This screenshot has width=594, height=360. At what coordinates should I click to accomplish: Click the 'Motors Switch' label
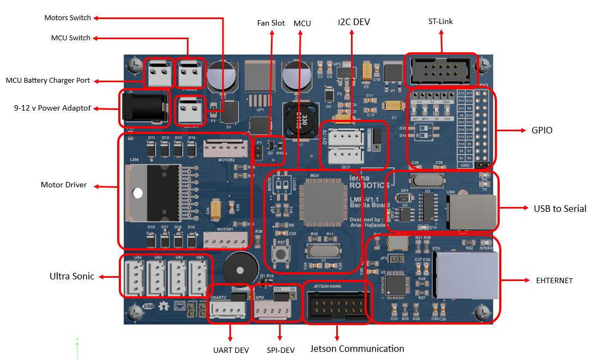pyautogui.click(x=68, y=18)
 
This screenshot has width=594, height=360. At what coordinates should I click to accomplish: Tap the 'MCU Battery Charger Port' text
pyautogui.click(x=47, y=81)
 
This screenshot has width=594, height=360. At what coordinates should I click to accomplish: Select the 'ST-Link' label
pyautogui.click(x=440, y=22)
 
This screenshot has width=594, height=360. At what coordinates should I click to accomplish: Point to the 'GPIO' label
pyautogui.click(x=541, y=131)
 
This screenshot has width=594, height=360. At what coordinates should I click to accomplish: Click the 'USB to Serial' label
pyautogui.click(x=560, y=209)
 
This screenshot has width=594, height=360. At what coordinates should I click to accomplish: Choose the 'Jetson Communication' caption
pyautogui.click(x=357, y=349)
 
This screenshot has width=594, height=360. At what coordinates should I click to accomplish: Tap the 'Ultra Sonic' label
pyautogui.click(x=71, y=277)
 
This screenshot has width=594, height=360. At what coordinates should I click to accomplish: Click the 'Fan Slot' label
pyautogui.click(x=271, y=23)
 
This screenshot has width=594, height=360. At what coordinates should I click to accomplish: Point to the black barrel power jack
pyautogui.click(x=143, y=108)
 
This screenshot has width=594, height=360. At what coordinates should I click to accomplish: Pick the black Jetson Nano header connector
pyautogui.click(x=337, y=302)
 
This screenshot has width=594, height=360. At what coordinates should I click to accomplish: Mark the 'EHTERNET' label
pyautogui.click(x=555, y=280)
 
